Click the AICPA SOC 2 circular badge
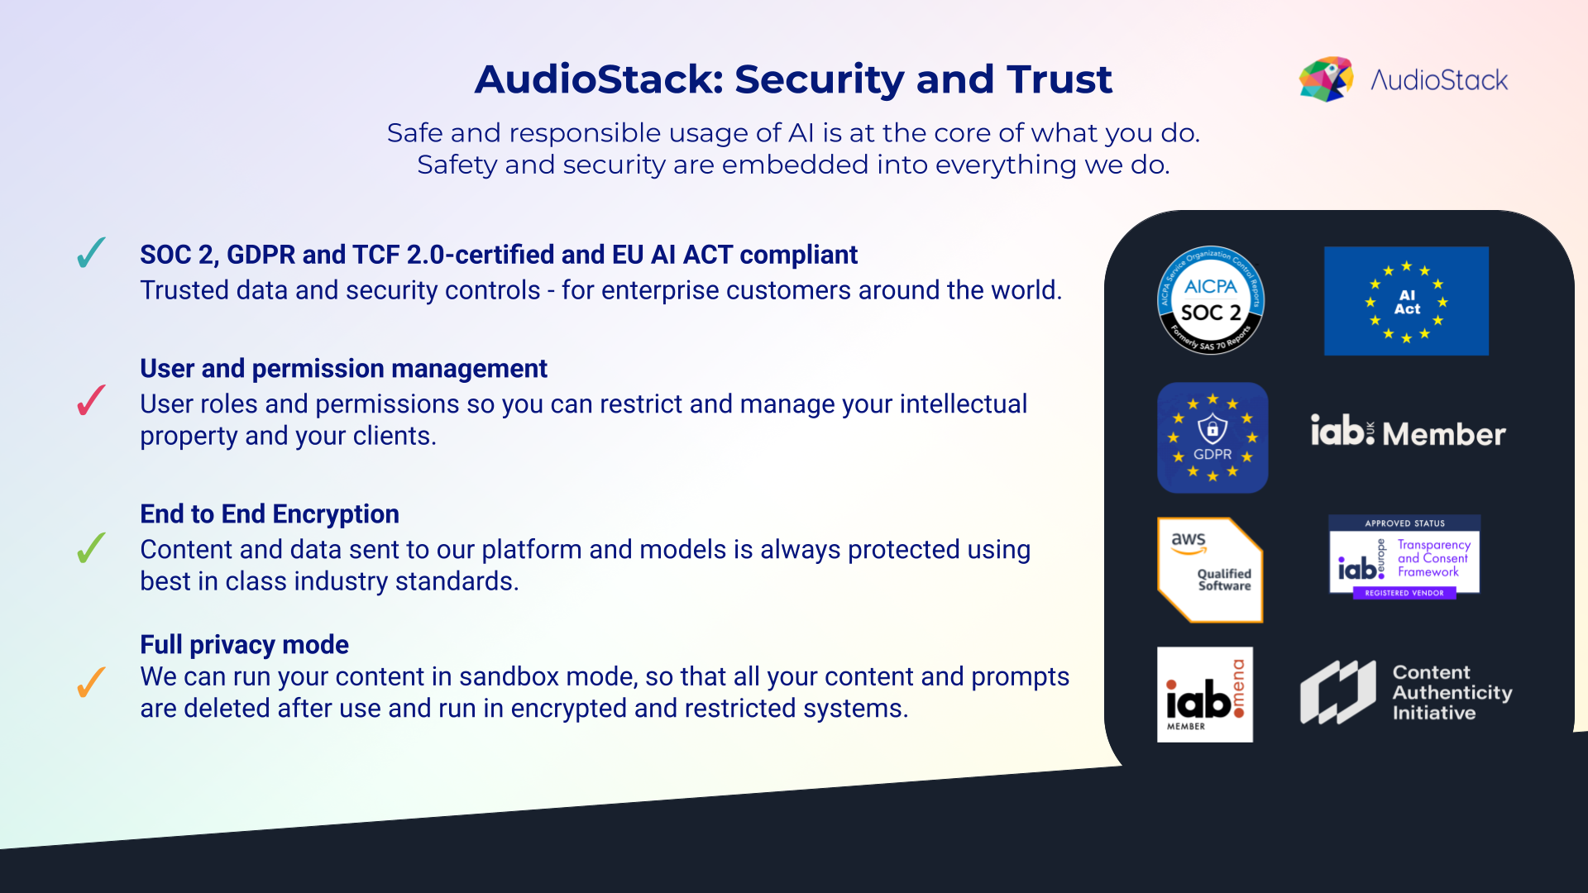tap(1210, 300)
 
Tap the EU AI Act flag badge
tap(1406, 301)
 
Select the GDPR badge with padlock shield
tap(1213, 437)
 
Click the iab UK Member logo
tap(1408, 432)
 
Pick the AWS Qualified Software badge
tap(1210, 570)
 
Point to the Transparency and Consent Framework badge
tap(1404, 557)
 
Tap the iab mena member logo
tap(1204, 695)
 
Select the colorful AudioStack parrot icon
tap(1326, 79)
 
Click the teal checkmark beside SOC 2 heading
tap(91, 253)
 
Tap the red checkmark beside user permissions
tap(91, 401)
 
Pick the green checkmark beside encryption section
tap(91, 547)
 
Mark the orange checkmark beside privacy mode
tap(91, 682)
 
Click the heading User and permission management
tap(343, 368)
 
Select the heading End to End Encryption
tap(270, 513)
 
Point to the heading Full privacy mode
tap(244, 644)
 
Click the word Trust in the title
tap(1059, 79)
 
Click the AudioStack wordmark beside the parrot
tap(1439, 80)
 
